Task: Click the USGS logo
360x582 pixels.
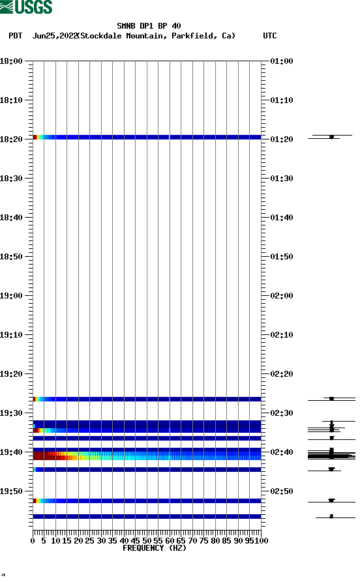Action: (x=26, y=7)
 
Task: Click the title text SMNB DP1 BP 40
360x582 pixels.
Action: (x=149, y=26)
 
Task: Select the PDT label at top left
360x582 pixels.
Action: (x=16, y=36)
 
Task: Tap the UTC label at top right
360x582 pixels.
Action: (x=269, y=36)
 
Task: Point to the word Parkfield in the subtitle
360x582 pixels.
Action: (x=193, y=36)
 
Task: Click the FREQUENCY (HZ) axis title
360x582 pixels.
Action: (x=155, y=548)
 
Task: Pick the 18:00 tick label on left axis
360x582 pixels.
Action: (x=12, y=61)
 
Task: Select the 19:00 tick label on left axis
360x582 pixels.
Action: (x=12, y=296)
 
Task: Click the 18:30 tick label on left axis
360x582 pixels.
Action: (x=12, y=179)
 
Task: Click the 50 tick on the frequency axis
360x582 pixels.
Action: (x=147, y=540)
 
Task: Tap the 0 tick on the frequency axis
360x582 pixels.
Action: (x=33, y=540)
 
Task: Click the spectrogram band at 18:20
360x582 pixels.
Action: (x=147, y=137)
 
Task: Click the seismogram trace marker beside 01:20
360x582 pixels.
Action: (x=331, y=137)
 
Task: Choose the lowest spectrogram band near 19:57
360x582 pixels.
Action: (x=147, y=516)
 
